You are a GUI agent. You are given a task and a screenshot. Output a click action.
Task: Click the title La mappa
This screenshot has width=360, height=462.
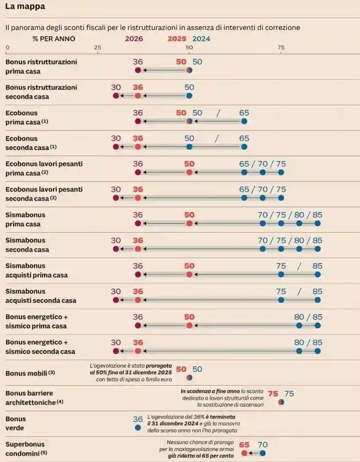pyautogui.click(x=25, y=7)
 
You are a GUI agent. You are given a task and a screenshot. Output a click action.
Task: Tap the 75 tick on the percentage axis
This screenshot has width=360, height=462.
pyautogui.click(x=281, y=48)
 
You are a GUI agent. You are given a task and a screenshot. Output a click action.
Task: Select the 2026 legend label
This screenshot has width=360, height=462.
pyautogui.click(x=134, y=39)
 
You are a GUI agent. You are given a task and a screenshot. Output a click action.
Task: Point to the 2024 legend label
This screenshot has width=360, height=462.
pyautogui.click(x=201, y=39)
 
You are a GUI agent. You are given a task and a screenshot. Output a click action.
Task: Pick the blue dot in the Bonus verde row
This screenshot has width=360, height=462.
pyautogui.click(x=138, y=428)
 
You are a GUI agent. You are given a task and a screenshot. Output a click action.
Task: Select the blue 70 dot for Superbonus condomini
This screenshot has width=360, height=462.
pyautogui.click(x=263, y=453)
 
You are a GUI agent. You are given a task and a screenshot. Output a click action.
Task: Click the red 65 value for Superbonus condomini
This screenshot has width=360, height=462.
pyautogui.click(x=244, y=445)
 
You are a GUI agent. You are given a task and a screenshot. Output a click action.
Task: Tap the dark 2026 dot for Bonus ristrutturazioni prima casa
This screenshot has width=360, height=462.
pyautogui.click(x=138, y=70)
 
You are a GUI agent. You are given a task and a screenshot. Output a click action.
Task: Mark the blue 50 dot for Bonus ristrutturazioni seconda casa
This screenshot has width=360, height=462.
pyautogui.click(x=189, y=96)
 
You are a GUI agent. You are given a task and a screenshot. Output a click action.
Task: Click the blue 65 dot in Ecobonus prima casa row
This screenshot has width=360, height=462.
pyautogui.click(x=244, y=121)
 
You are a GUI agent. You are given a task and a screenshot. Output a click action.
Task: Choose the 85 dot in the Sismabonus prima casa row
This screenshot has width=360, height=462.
pyautogui.click(x=317, y=224)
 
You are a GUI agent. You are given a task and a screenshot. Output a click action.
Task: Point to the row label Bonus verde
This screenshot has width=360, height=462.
pyautogui.click(x=16, y=423)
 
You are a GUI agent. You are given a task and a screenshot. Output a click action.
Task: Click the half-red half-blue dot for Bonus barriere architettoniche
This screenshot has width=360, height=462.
pyautogui.click(x=281, y=402)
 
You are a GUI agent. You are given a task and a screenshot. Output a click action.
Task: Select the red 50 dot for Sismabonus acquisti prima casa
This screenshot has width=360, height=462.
pyautogui.click(x=189, y=275)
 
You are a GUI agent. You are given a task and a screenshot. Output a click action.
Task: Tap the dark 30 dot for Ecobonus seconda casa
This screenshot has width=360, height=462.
pyautogui.click(x=116, y=147)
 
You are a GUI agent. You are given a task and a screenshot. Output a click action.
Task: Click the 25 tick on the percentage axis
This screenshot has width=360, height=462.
pyautogui.click(x=98, y=48)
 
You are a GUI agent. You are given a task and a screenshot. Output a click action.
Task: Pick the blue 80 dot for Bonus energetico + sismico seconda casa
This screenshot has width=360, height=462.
pyautogui.click(x=299, y=351)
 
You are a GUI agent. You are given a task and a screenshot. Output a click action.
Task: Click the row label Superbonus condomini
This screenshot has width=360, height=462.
pyautogui.click(x=26, y=449)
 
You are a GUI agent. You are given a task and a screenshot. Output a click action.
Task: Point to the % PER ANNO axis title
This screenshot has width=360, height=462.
pyautogui.click(x=54, y=39)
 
